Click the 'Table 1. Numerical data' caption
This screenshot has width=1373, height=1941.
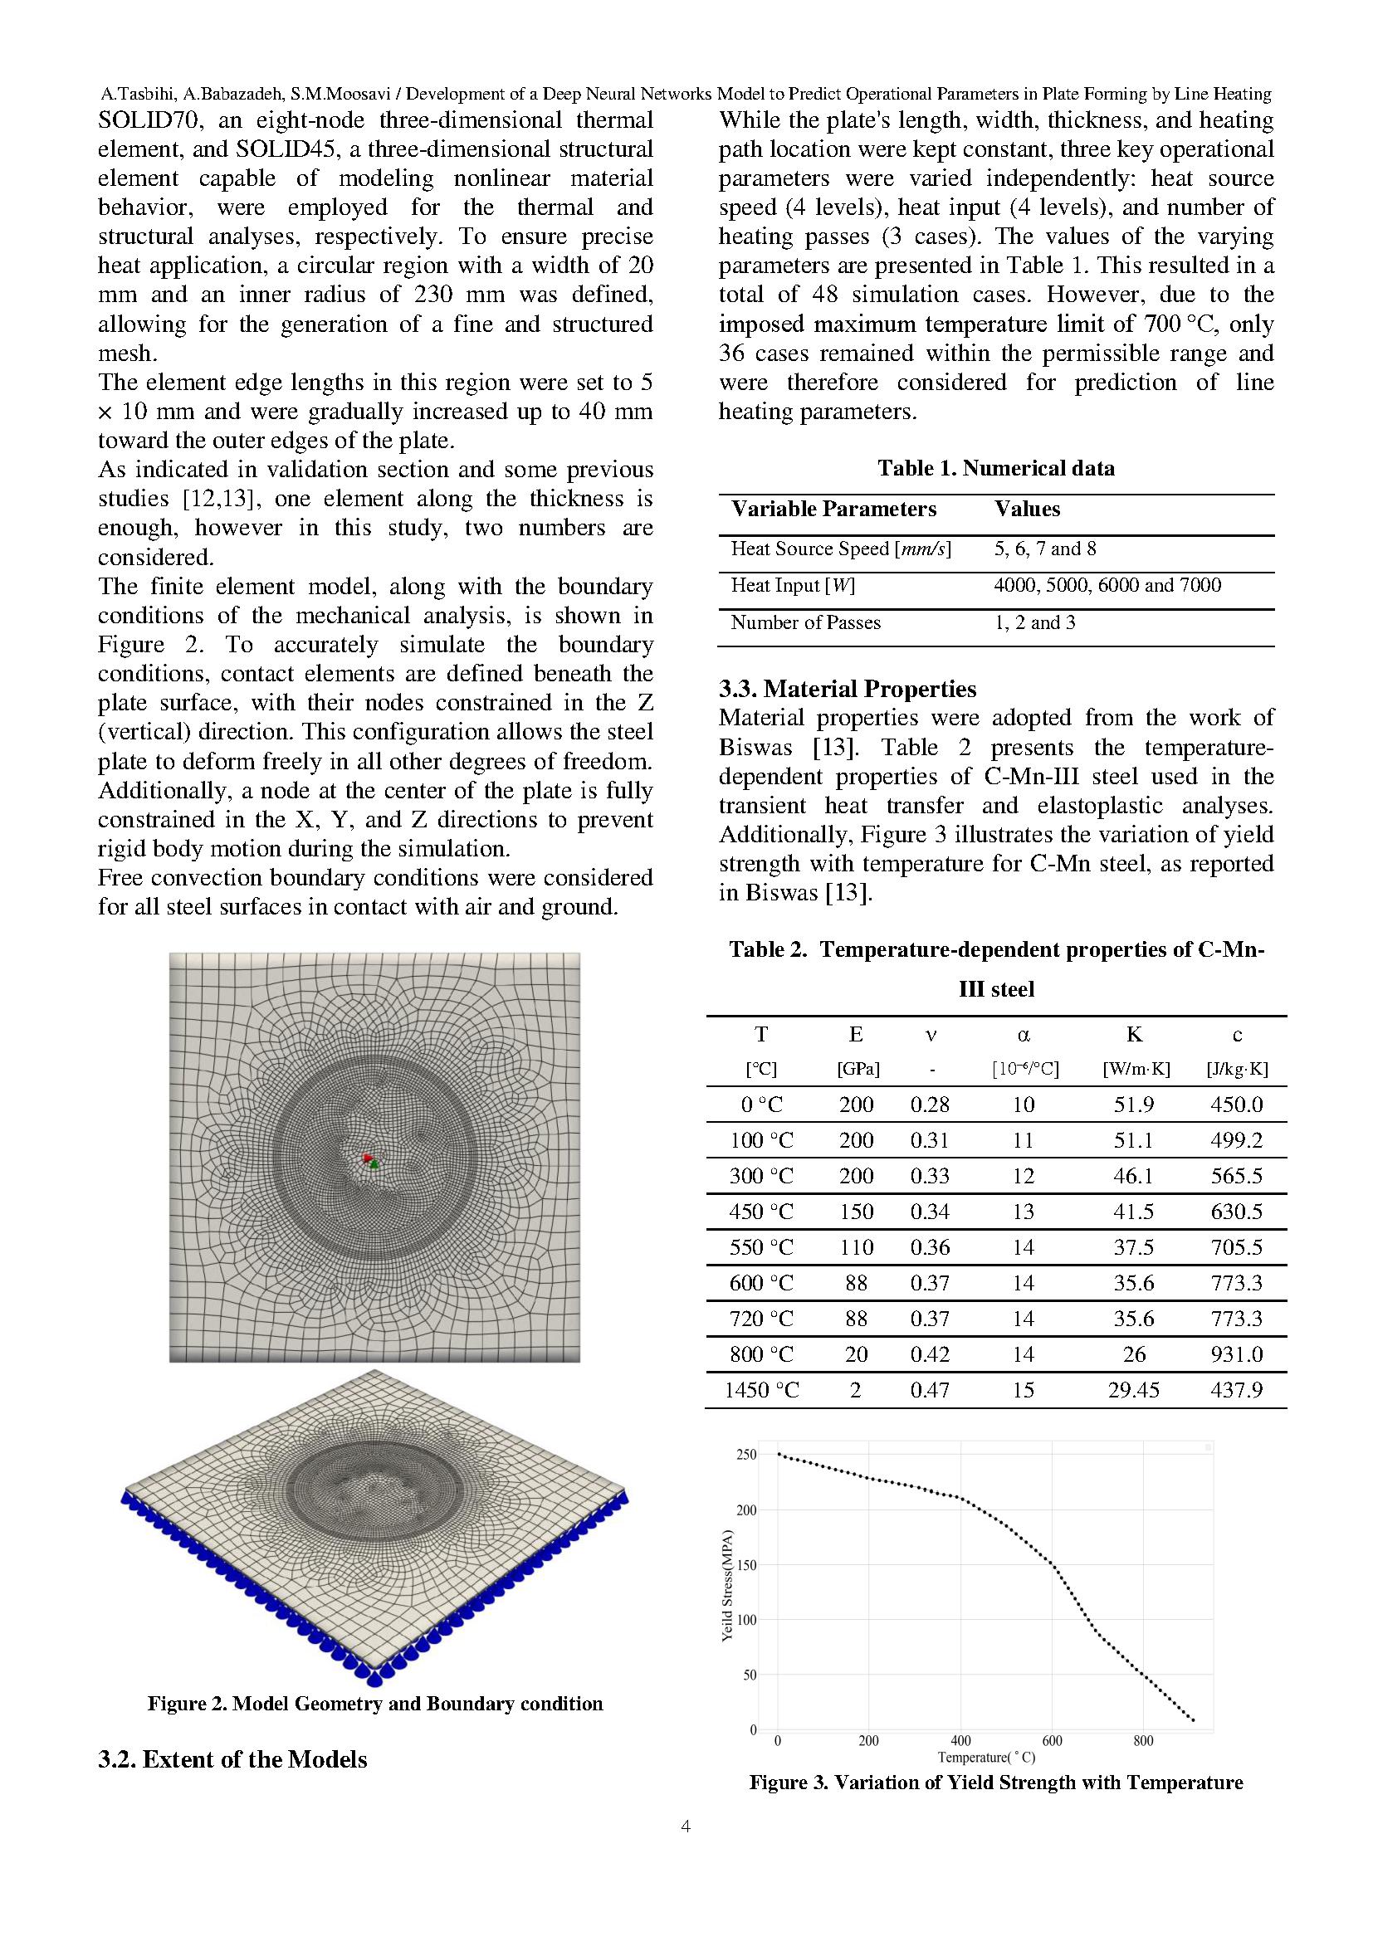coord(995,468)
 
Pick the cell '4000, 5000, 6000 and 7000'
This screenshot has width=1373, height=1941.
coord(1107,585)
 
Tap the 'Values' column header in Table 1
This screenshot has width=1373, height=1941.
coord(1026,509)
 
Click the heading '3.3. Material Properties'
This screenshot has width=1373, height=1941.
coord(848,689)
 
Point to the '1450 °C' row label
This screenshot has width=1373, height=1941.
coord(761,1390)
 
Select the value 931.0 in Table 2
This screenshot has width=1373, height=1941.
coord(1236,1354)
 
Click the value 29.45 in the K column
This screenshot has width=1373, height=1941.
coord(1133,1390)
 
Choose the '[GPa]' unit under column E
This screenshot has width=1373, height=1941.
coord(858,1069)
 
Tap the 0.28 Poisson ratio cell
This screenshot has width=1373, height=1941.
coord(929,1104)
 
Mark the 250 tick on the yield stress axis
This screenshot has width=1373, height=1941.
coord(746,1455)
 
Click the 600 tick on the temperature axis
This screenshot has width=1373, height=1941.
coord(1052,1741)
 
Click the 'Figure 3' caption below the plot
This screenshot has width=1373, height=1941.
coord(995,1783)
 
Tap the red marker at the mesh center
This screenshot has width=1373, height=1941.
coord(366,1157)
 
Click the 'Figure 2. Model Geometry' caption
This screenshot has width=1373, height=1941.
coord(374,1704)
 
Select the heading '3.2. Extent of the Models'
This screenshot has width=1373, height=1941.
coord(232,1759)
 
